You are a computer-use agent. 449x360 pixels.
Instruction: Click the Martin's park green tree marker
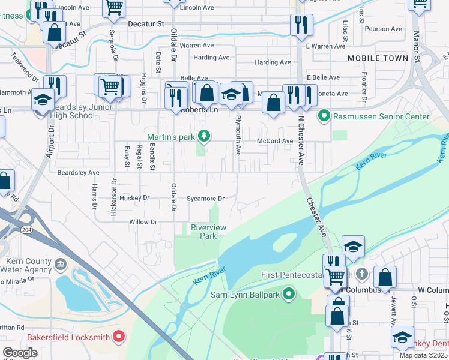click(x=205, y=136)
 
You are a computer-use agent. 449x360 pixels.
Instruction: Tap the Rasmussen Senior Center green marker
click(x=324, y=116)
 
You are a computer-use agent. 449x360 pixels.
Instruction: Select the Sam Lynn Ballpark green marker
click(x=289, y=294)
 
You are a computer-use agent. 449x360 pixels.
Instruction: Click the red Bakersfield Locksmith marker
click(x=119, y=337)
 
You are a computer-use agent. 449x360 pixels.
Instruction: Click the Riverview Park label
click(x=208, y=232)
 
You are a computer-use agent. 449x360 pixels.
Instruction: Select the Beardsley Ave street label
click(x=78, y=173)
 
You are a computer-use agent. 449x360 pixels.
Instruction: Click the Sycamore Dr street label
click(x=205, y=199)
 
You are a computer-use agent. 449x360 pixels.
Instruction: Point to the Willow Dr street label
click(x=143, y=222)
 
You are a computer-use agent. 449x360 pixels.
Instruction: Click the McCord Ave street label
click(x=275, y=142)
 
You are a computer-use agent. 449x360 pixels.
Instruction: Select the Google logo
click(x=20, y=352)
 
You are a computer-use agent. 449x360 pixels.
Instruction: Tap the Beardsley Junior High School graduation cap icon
click(x=43, y=99)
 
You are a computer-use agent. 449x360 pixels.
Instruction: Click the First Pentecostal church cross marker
click(x=361, y=274)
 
